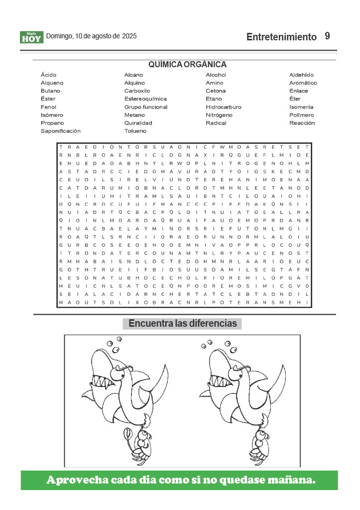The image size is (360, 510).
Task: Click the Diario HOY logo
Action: coord(32,37)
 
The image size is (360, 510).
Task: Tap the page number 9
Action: coord(327,36)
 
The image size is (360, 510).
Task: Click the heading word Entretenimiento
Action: coord(281,37)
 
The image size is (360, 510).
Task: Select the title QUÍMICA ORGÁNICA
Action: coord(187,64)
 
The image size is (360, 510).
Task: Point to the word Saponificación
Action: coord(60,131)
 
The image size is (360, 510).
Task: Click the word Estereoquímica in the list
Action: coord(145,99)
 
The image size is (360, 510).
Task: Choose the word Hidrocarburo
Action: coord(224,107)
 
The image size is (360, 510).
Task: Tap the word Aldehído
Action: coord(301,75)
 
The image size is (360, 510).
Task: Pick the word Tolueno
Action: coord(135,131)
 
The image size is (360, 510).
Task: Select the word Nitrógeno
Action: coord(219,115)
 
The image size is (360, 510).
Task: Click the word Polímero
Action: coord(301,115)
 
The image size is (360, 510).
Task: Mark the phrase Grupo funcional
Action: coord(146,107)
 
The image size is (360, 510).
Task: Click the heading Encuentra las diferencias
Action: coord(182,324)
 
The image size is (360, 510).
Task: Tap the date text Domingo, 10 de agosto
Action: coord(83,36)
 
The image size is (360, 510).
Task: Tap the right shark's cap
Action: coord(239,369)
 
